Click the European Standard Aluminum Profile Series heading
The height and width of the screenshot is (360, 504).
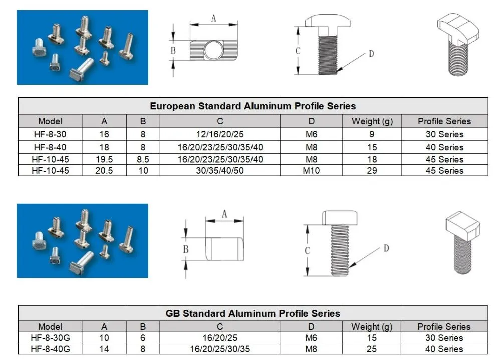pyautogui.click(x=253, y=106)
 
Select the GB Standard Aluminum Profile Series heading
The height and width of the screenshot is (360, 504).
pyautogui.click(x=253, y=313)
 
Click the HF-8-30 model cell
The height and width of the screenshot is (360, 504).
pyautogui.click(x=50, y=134)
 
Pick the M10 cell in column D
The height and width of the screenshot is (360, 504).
pyautogui.click(x=311, y=170)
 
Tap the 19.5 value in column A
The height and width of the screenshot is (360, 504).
pyautogui.click(x=104, y=159)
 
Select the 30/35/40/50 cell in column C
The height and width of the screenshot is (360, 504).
pyautogui.click(x=220, y=170)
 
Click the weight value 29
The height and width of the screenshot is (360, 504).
pyautogui.click(x=372, y=170)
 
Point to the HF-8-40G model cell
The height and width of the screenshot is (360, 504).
pyautogui.click(x=50, y=349)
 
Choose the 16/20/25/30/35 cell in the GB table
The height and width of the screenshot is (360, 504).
pyautogui.click(x=220, y=349)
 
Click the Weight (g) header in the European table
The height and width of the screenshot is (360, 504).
pyautogui.click(x=372, y=121)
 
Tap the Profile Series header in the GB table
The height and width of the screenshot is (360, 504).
pyautogui.click(x=444, y=327)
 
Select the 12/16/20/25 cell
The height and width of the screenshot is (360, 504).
pyautogui.click(x=220, y=134)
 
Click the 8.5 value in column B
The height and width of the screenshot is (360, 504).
pyautogui.click(x=143, y=159)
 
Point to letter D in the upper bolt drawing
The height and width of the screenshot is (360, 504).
pyautogui.click(x=371, y=54)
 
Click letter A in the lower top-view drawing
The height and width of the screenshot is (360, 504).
pyautogui.click(x=224, y=214)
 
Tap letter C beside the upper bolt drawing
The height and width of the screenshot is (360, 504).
pyautogui.click(x=298, y=51)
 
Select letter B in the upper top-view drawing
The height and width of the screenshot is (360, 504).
pyautogui.click(x=173, y=51)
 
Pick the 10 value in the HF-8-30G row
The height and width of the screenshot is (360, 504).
pyautogui.click(x=104, y=338)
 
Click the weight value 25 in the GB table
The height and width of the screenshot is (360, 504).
pyautogui.click(x=372, y=349)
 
